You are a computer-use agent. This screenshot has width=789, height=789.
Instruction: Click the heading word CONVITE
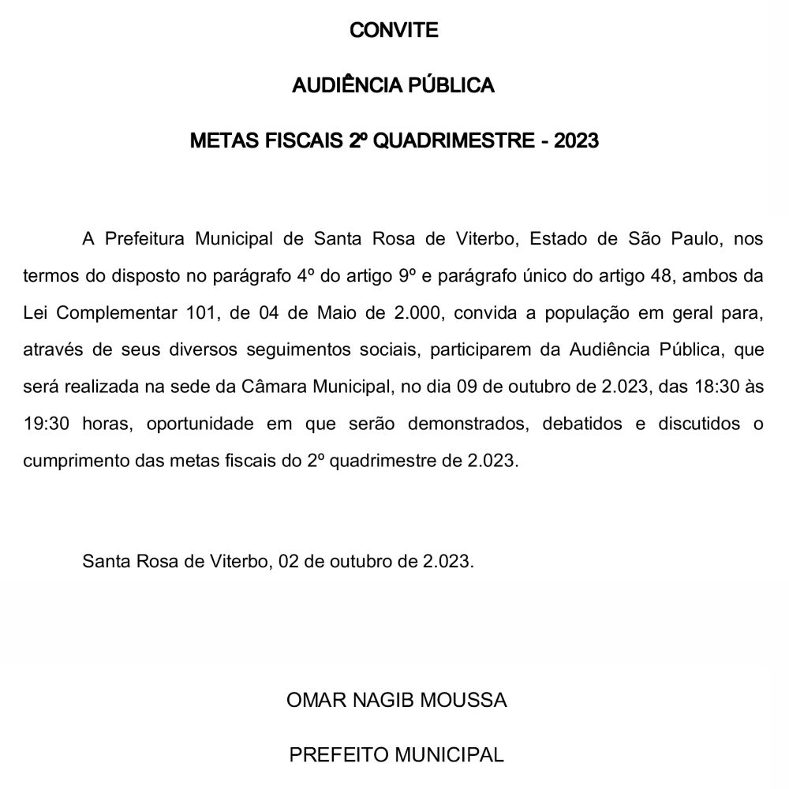coord(394,31)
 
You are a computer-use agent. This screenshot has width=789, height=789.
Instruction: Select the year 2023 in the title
coord(576,141)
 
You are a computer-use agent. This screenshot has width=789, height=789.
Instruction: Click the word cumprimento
coord(69,461)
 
